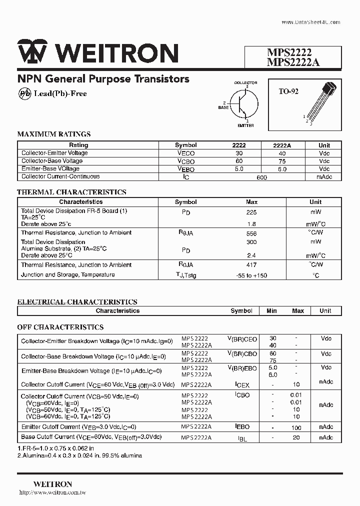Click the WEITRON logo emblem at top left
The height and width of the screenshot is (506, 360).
[x=32, y=52]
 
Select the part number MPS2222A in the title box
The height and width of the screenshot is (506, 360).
[x=293, y=62]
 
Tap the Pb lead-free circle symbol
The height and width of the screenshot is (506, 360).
[x=24, y=93]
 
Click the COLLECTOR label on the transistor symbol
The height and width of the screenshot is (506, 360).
[x=245, y=82]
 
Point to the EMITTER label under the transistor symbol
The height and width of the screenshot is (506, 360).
[x=245, y=125]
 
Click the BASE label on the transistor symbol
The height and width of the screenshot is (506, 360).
[x=223, y=107]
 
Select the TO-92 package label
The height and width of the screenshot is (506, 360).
[x=288, y=91]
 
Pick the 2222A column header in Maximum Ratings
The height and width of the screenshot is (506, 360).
[x=281, y=145]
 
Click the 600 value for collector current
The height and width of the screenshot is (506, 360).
[x=261, y=177]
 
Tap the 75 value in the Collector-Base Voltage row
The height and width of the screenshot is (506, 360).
[x=282, y=161]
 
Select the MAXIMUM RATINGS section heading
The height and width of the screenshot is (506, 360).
[x=54, y=134]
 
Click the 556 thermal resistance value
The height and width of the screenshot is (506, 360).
[x=251, y=233]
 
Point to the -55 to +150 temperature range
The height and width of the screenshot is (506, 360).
[x=251, y=275]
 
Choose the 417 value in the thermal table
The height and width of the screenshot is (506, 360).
[x=251, y=265]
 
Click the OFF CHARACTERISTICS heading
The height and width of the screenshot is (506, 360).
[x=60, y=327]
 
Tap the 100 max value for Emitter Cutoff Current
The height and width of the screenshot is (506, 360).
[x=296, y=427]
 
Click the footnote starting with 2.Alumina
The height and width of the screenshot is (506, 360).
[x=79, y=455]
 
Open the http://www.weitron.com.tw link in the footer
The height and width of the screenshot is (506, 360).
[x=52, y=492]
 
